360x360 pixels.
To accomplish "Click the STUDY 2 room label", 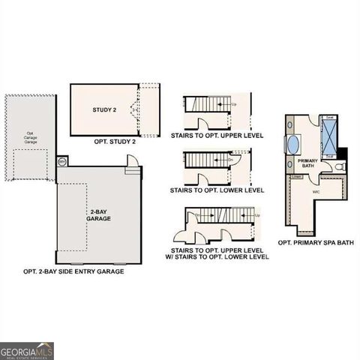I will pos(104,110).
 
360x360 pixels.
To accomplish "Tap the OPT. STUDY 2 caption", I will pos(115,141).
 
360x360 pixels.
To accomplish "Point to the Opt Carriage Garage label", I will pos(30,138).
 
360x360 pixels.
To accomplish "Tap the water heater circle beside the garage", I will pos(62,161).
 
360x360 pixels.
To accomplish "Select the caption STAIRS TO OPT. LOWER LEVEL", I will pos(218,190).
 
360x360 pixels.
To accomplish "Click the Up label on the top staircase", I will pos(234,104).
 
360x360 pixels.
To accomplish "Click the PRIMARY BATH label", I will pos(308,164).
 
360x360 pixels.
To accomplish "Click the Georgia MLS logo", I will pos(27,350).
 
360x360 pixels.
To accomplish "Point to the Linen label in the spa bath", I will pos(297,177).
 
